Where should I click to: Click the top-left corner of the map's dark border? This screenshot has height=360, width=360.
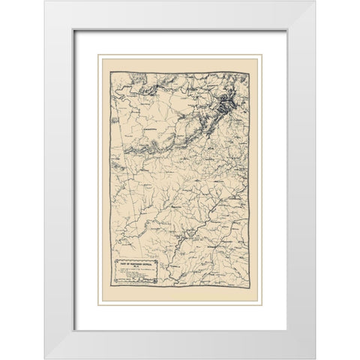[109, 71]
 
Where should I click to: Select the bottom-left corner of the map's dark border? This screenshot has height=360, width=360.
[109, 287]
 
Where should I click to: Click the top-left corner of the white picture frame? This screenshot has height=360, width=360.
[44, 1]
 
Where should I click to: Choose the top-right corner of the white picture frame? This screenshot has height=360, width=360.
[314, 1]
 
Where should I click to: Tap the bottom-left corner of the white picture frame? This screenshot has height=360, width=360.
[44, 358]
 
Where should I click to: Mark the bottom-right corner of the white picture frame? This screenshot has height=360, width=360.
[314, 358]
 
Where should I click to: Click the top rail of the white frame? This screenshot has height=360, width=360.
[180, 15]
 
